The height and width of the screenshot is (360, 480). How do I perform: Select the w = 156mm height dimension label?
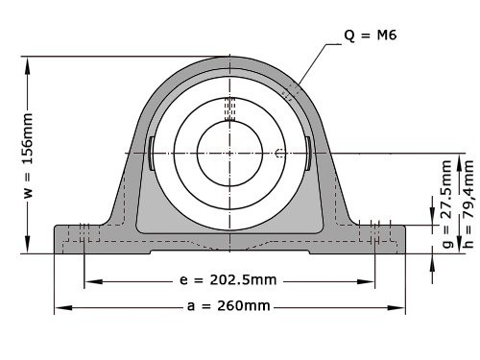pyautogui.click(x=28, y=155)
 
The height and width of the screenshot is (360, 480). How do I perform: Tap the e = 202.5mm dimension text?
pyautogui.click(x=228, y=281)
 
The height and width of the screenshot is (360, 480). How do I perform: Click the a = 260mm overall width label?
pyautogui.click(x=228, y=306)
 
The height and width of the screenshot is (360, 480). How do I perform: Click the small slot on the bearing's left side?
pyautogui.click(x=152, y=154)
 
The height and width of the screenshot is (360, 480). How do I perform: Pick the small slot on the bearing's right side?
pyautogui.click(x=307, y=154)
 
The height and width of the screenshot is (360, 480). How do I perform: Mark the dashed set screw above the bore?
pyautogui.click(x=229, y=108)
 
